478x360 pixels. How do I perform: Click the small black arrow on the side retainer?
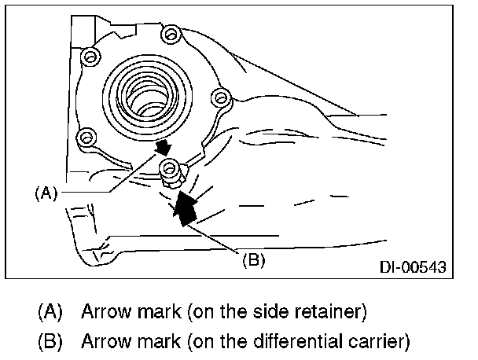(164, 146)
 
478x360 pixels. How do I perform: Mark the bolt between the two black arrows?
(168, 167)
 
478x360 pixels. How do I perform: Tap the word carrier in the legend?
(379, 342)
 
